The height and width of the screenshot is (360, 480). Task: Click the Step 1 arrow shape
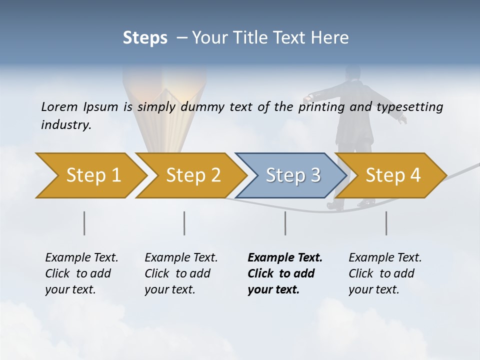point(90,175)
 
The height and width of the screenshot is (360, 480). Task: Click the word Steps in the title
point(145,38)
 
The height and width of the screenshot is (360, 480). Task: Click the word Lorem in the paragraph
point(59,106)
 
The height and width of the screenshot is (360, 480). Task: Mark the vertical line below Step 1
point(84,223)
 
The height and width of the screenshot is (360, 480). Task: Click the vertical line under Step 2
point(184,223)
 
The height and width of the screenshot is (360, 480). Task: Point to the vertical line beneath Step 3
point(285,223)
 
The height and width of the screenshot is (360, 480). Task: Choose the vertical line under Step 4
point(386,223)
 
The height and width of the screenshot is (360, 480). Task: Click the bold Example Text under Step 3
point(285,258)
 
